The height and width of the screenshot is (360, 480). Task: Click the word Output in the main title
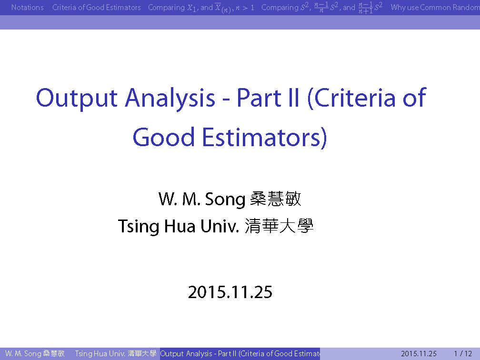point(77,99)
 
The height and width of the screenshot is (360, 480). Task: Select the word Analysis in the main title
point(170,99)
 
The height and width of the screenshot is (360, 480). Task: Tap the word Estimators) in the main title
point(264,138)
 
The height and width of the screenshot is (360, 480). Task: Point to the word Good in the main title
point(163,138)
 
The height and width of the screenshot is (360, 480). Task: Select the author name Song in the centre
point(225,199)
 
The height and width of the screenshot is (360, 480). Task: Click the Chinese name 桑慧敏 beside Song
point(276,199)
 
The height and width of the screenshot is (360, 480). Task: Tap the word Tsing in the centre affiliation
point(139,227)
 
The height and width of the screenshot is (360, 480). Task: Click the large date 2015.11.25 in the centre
point(230,292)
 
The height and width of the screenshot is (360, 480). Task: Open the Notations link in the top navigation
point(28,7)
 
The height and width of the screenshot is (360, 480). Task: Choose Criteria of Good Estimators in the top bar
point(96,7)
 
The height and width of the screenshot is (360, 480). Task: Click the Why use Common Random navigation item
point(435,7)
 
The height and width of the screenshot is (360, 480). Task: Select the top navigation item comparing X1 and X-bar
point(201,8)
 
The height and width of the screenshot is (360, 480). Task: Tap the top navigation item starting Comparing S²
point(322,8)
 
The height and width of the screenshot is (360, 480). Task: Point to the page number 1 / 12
point(463,353)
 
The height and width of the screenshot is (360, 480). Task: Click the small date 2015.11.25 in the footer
point(419,353)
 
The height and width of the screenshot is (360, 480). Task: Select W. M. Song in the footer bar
point(35,353)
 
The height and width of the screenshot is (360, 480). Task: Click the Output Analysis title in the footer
point(240,353)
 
